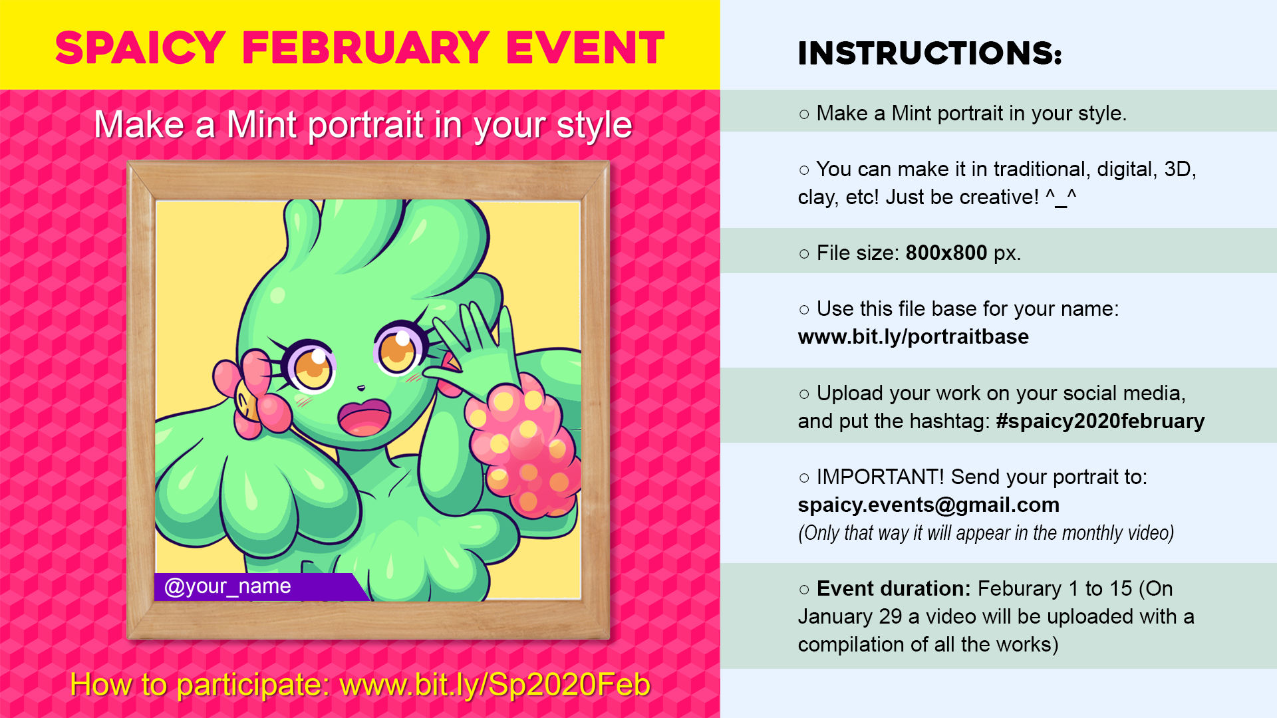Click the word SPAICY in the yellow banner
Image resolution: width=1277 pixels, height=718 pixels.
point(140,48)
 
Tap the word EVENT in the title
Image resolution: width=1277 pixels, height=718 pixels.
point(585,48)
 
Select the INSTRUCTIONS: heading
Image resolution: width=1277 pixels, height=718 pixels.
point(930,53)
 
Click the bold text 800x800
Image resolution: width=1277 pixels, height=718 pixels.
point(946,253)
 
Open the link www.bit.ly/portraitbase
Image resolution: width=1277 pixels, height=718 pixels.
point(913,337)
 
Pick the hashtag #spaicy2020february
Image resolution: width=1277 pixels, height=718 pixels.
point(1100,421)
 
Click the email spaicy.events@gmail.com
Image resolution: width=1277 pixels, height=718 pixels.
point(928,505)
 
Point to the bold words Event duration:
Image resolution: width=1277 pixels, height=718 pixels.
point(894,588)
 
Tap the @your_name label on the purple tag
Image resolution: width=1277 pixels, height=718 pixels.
point(227,586)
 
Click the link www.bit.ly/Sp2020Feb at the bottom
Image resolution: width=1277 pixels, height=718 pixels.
point(495,685)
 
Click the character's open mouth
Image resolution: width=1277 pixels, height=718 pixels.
point(364,417)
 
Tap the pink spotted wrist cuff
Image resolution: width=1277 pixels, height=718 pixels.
point(522,447)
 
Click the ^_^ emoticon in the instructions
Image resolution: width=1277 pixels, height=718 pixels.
point(1061,197)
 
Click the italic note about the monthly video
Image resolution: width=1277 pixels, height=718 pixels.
point(986,533)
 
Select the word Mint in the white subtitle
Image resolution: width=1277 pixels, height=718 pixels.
point(261,125)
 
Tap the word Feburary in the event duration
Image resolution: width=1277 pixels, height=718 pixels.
point(1020,588)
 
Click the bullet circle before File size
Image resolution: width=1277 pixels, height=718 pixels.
point(804,253)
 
